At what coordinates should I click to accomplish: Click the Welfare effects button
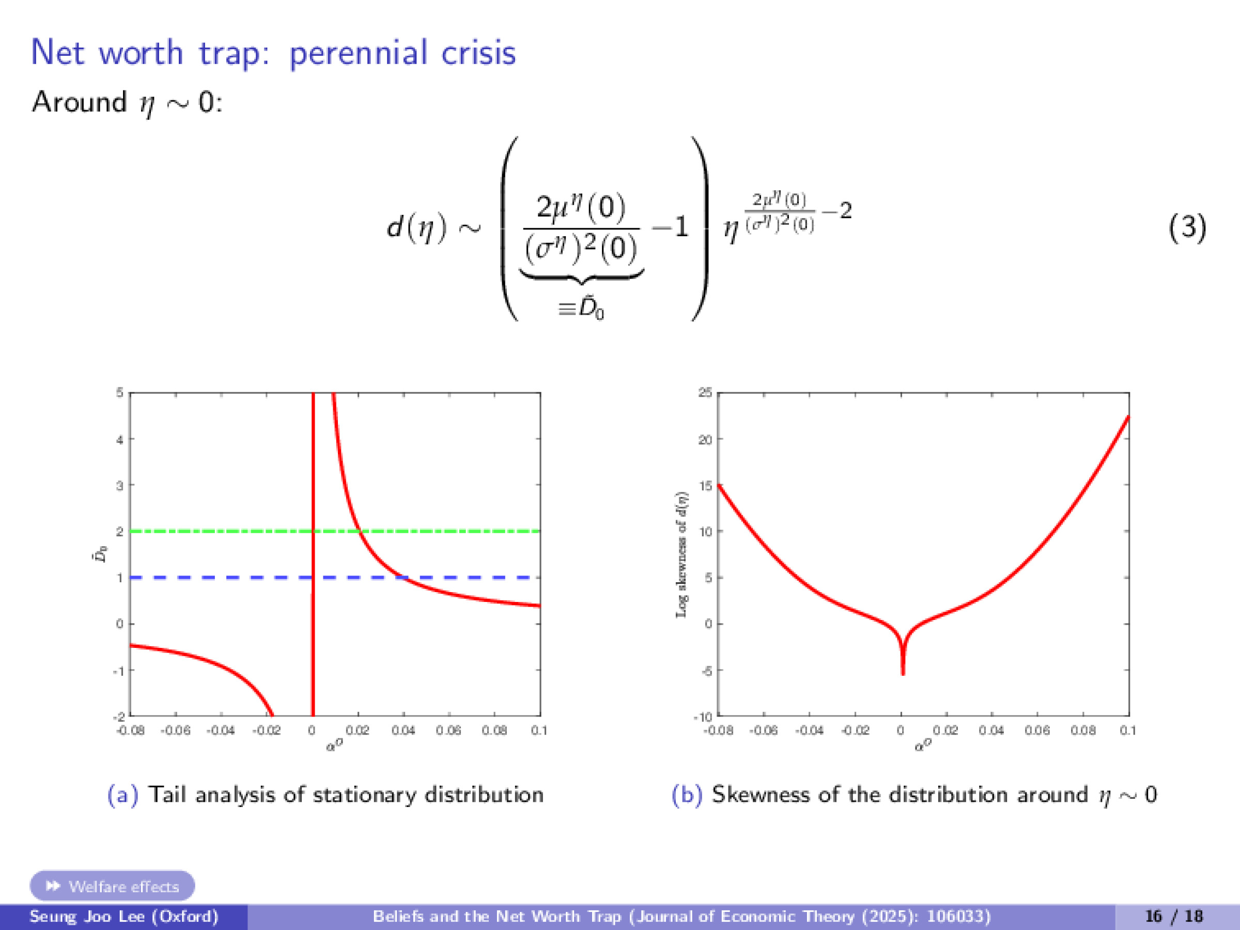112,886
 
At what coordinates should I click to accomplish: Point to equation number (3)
1187,228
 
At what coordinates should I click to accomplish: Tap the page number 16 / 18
1174,917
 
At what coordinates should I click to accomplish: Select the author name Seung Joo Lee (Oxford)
123,917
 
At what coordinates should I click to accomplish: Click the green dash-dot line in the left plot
224,531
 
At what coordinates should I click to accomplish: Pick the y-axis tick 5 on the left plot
119,392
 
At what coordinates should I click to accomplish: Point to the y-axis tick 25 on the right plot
705,392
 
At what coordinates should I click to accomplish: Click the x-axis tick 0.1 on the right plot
1128,731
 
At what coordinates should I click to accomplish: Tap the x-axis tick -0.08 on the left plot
130,731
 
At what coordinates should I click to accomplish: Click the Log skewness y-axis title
681,555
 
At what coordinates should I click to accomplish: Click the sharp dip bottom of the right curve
903,673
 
